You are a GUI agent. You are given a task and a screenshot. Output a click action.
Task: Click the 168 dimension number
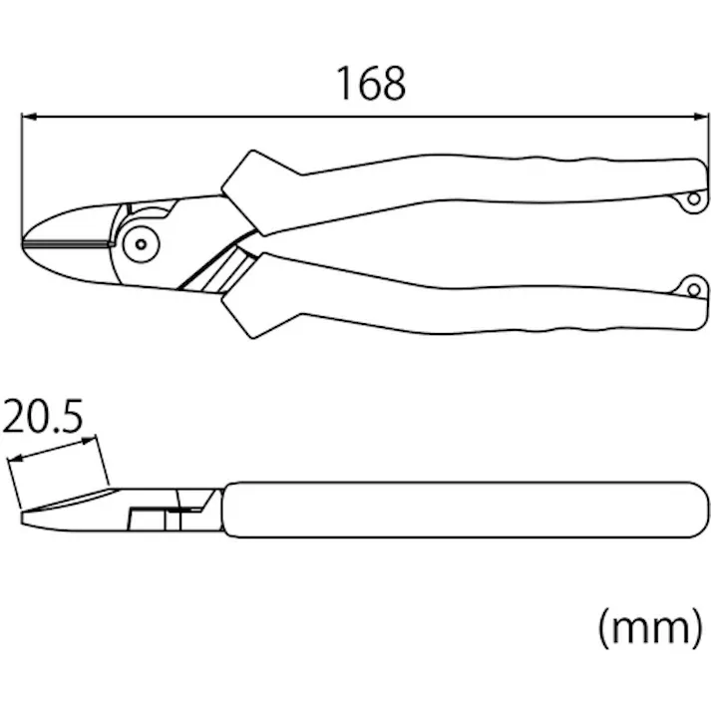(x=371, y=83)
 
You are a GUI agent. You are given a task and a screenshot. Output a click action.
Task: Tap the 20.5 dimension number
(x=43, y=416)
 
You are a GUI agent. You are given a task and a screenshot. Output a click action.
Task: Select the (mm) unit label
(x=651, y=628)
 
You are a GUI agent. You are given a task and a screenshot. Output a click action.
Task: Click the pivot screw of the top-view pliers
(x=141, y=244)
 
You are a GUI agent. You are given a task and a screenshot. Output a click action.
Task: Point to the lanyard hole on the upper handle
(x=694, y=198)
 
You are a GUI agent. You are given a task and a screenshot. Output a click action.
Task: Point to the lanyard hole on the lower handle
(x=694, y=290)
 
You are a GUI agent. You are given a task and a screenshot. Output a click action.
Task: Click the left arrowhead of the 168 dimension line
(x=29, y=117)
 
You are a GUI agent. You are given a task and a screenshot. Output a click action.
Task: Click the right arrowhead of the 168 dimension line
(x=701, y=117)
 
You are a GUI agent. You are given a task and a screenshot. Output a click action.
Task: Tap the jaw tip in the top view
(x=23, y=244)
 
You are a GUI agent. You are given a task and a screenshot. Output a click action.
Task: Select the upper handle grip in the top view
(x=476, y=181)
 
